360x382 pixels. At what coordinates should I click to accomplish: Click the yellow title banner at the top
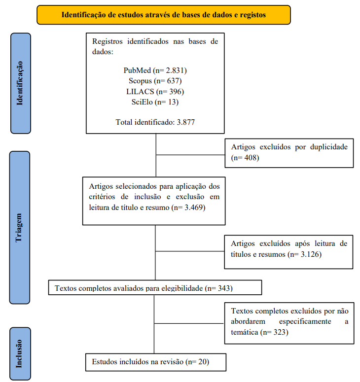(164, 15)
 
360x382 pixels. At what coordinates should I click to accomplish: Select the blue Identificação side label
(21, 83)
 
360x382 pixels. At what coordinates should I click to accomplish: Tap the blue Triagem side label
(20, 228)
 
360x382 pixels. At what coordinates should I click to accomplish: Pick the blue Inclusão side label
(20, 353)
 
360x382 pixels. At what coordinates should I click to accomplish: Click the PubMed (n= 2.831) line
(155, 70)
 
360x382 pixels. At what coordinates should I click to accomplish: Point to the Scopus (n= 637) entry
(155, 81)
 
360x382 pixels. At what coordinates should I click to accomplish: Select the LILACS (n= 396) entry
(155, 92)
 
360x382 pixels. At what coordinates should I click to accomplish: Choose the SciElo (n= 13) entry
(155, 102)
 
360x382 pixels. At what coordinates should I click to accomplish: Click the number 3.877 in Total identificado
(186, 122)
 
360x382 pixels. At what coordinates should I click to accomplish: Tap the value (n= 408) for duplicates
(245, 158)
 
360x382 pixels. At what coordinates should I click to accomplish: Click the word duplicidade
(329, 147)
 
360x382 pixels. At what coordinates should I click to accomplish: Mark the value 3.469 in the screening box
(194, 208)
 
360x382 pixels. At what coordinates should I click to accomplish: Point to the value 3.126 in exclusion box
(310, 254)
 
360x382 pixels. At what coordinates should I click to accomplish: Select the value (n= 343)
(219, 288)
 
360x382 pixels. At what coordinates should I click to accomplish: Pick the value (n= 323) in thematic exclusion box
(275, 332)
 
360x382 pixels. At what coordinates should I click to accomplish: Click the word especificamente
(305, 321)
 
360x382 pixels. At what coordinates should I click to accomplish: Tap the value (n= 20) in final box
(197, 362)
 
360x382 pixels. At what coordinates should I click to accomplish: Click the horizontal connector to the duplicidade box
(190, 155)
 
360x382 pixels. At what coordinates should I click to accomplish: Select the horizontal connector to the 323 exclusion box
(189, 323)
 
